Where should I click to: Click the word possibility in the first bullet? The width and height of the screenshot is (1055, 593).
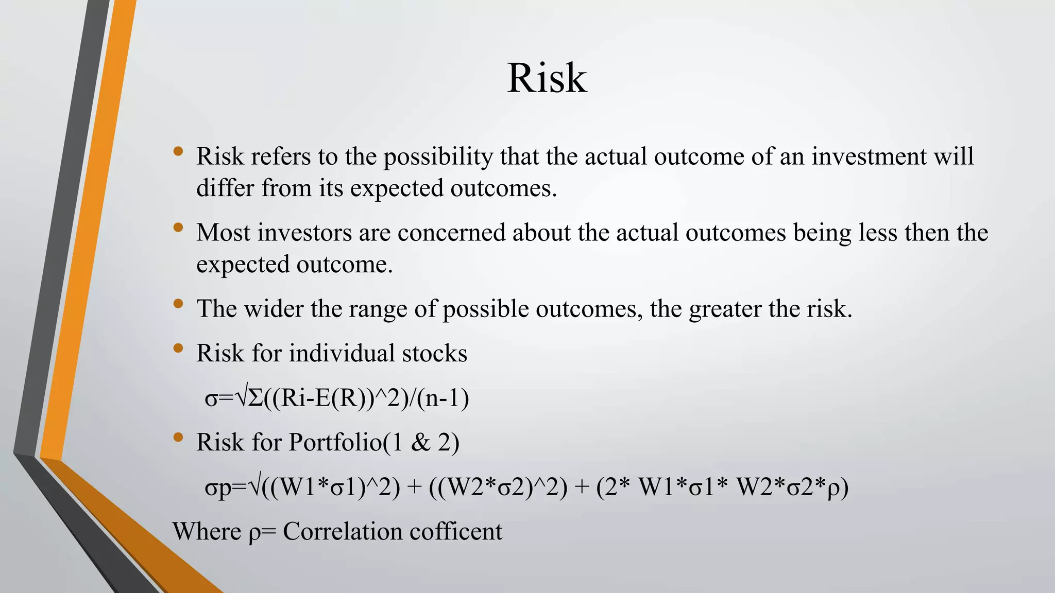[x=438, y=156]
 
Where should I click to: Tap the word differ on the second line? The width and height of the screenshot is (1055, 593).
[x=225, y=188]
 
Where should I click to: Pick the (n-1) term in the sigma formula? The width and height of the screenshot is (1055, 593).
[x=443, y=398]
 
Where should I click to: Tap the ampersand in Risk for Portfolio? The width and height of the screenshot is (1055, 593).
[x=420, y=442]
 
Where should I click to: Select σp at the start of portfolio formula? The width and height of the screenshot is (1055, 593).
[x=218, y=487]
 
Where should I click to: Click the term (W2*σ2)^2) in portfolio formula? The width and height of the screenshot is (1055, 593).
[x=498, y=487]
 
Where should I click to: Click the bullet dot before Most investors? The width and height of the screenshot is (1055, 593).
[x=178, y=227]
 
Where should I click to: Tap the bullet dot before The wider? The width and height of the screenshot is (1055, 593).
[x=178, y=303]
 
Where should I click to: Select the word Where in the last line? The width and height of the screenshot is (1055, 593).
[x=207, y=532]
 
